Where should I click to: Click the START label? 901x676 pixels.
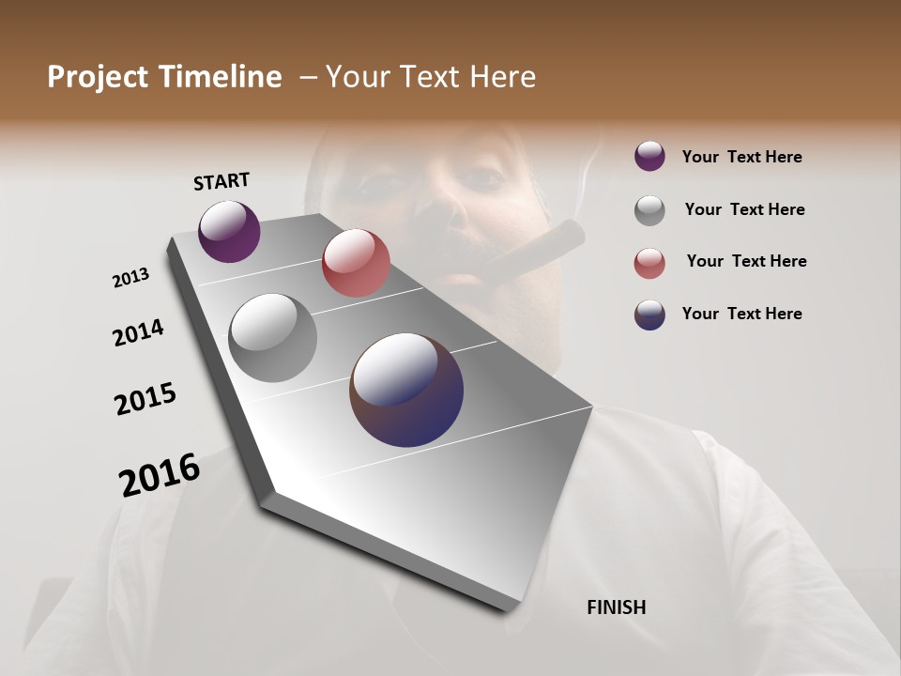click(x=221, y=181)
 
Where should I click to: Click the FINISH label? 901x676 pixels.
click(x=616, y=607)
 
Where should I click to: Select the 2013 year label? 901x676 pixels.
click(x=130, y=278)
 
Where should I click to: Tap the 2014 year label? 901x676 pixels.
click(x=138, y=332)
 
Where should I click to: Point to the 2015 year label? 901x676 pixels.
click(x=145, y=399)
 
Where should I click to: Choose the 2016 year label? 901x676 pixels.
click(x=160, y=474)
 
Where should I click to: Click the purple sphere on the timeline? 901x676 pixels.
click(x=229, y=231)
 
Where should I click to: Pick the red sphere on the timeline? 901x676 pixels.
click(x=356, y=263)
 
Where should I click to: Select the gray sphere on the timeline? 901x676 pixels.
click(x=272, y=338)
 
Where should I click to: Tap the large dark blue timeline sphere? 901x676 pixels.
click(x=406, y=390)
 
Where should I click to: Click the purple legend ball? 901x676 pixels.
click(x=649, y=156)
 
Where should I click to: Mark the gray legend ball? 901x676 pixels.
click(x=649, y=209)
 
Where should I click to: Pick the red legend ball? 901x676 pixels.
click(x=649, y=262)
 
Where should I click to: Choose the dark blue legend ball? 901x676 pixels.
click(x=649, y=315)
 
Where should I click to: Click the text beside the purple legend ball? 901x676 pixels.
click(x=741, y=157)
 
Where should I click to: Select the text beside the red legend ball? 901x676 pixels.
click(x=746, y=261)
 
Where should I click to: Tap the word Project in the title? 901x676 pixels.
click(x=97, y=77)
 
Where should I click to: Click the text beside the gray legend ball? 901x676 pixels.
click(x=744, y=209)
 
